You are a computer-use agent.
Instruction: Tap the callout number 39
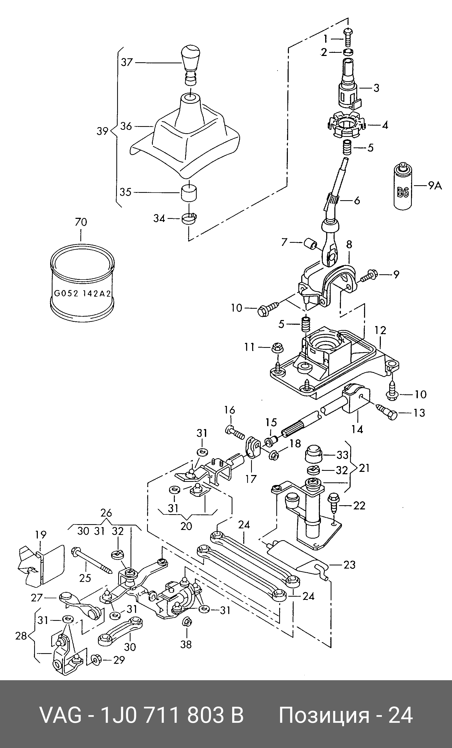(x=102, y=131)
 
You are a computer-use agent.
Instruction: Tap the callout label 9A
(x=435, y=185)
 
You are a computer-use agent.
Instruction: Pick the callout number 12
(x=380, y=330)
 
